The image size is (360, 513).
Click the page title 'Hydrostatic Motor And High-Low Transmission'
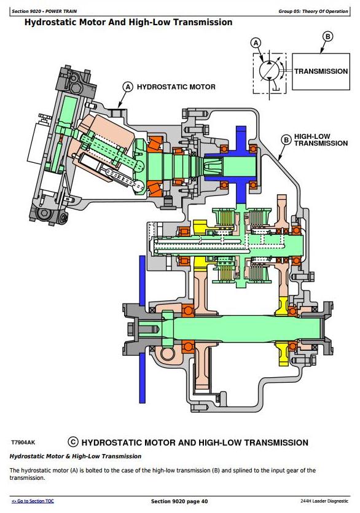[128, 22]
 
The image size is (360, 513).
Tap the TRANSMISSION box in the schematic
[321, 72]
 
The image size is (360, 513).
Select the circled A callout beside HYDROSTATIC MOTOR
[128, 87]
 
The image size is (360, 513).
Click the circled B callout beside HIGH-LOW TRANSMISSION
[286, 139]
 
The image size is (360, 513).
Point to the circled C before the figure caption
[73, 442]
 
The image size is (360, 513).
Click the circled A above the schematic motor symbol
[256, 43]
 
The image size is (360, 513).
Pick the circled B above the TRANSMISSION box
[327, 36]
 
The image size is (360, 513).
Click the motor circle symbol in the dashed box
[269, 71]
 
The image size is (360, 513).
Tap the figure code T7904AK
[23, 443]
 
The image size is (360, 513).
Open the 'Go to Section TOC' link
[33, 501]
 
